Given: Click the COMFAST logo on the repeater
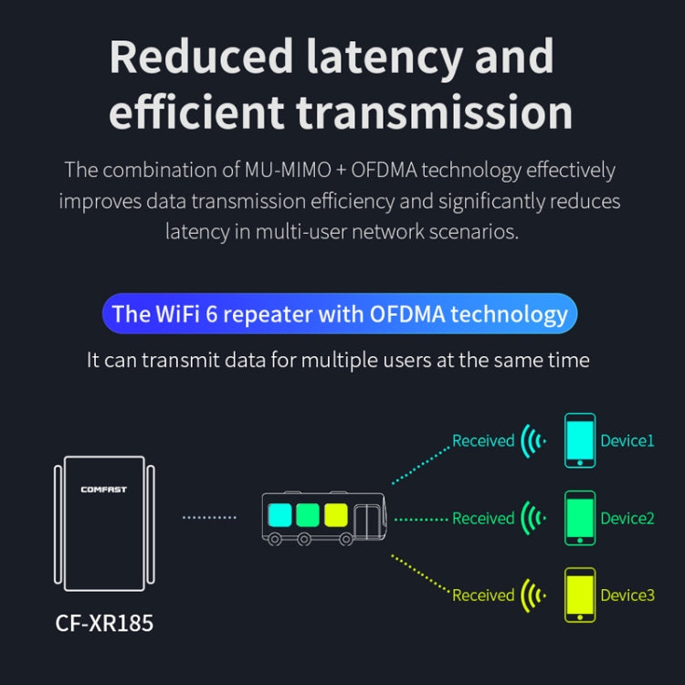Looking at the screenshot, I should tap(103, 490).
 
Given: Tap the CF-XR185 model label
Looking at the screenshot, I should tap(104, 624).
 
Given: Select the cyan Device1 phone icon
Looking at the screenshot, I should tap(579, 441).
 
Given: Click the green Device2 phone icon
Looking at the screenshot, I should tap(579, 519).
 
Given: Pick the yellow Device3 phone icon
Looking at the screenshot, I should tap(579, 595).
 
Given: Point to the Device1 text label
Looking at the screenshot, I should tap(627, 441).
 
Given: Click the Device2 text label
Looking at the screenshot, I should tap(627, 519).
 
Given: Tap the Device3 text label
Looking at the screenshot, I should tap(627, 595).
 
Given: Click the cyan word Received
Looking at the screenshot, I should tap(483, 441).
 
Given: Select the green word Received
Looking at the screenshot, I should tap(483, 519).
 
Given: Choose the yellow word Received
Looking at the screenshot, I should tap(483, 595).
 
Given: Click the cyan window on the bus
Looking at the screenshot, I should tap(280, 514).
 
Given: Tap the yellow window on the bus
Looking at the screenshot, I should tap(336, 514).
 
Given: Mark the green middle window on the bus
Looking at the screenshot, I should tap(308, 514).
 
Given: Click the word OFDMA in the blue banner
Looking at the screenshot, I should tap(406, 315).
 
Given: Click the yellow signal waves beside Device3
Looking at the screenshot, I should tap(532, 595).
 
